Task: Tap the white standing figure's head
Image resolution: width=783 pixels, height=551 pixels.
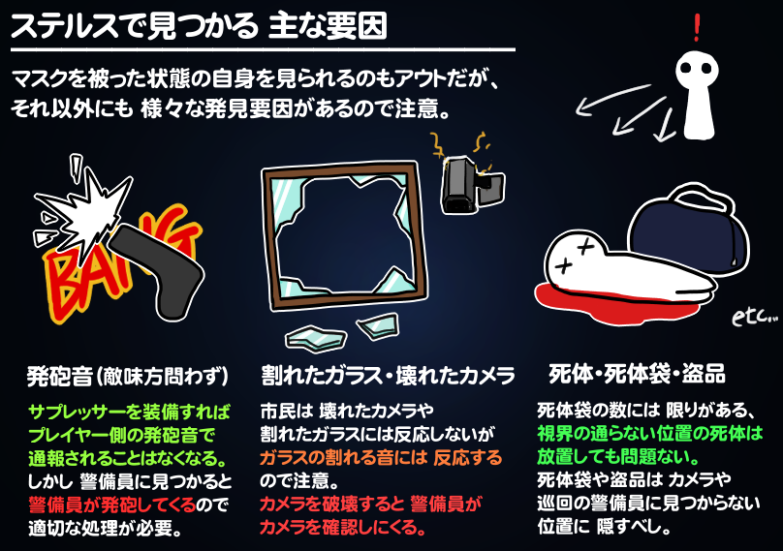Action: [700, 72]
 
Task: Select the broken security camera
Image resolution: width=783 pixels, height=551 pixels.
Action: [468, 184]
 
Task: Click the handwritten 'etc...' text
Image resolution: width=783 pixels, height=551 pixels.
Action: [754, 315]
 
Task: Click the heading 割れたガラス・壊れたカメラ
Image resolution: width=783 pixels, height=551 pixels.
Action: [387, 375]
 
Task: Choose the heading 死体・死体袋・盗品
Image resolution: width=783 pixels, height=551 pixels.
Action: [637, 375]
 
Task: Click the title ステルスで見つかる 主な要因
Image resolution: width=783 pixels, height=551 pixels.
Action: [199, 26]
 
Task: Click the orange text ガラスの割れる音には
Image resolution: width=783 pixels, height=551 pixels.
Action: [380, 456]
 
